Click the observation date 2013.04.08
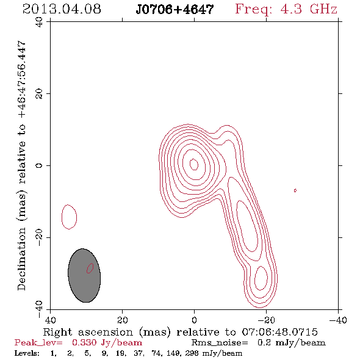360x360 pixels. tap(62, 9)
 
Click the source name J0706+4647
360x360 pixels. tap(175, 10)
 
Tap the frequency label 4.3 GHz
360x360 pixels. tap(309, 9)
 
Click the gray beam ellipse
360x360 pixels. tap(84, 275)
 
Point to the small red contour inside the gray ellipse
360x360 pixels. tap(90, 268)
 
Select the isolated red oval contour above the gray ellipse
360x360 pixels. tap(69, 217)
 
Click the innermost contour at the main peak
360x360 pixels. tap(194, 164)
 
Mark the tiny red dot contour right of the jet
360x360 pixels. tap(295, 190)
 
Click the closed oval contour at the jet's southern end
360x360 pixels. tap(261, 278)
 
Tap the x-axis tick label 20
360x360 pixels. tap(122, 320)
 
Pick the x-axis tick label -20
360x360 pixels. tap(266, 320)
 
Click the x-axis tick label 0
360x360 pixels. tap(194, 320)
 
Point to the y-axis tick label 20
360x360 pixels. tap(39, 94)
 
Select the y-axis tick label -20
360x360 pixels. tap(39, 237)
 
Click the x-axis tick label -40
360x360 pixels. tap(338, 320)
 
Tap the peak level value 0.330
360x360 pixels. tap(84, 342)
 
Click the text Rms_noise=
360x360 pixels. tap(220, 343)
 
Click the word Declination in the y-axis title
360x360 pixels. tap(21, 259)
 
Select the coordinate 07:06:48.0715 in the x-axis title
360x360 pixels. tap(280, 332)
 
